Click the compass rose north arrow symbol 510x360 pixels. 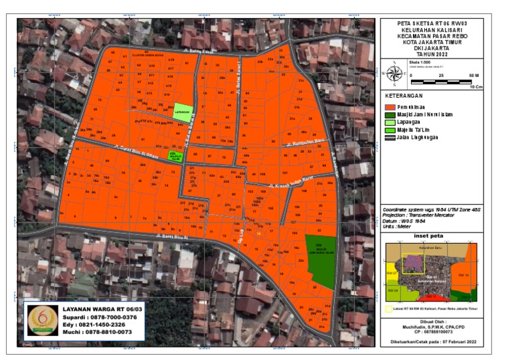394,74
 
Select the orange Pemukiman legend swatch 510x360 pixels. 390,106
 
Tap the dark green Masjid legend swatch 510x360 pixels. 390,115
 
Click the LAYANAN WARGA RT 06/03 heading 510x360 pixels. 98,309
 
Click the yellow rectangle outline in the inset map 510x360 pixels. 412,262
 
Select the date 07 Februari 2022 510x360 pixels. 461,342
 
